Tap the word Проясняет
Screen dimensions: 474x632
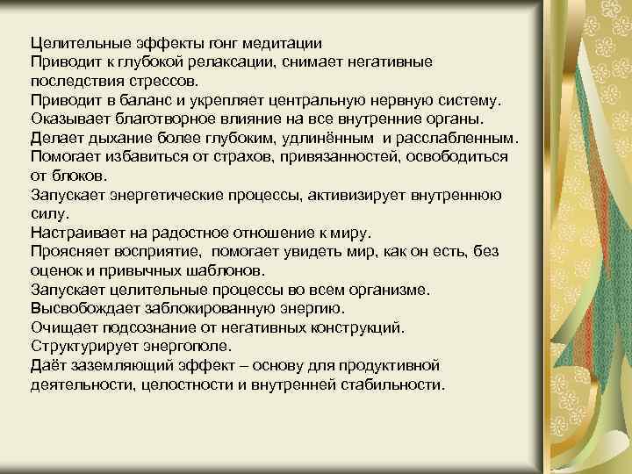tap(69, 251)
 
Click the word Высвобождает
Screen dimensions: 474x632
tap(84, 308)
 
